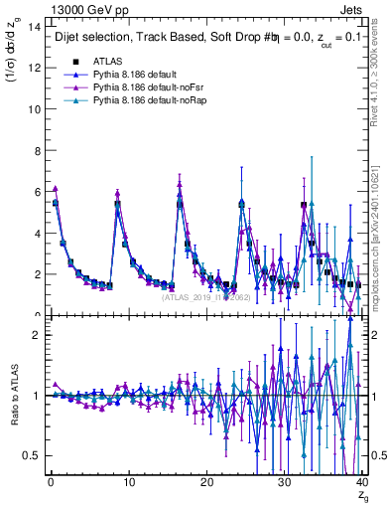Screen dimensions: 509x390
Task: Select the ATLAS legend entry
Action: [x=109, y=62]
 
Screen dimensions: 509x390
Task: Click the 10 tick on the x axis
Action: [x=127, y=482]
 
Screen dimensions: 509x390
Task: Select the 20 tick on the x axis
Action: [x=205, y=482]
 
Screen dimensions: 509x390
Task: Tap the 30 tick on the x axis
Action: [x=284, y=482]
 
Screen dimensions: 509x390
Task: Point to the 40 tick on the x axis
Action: [x=361, y=482]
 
